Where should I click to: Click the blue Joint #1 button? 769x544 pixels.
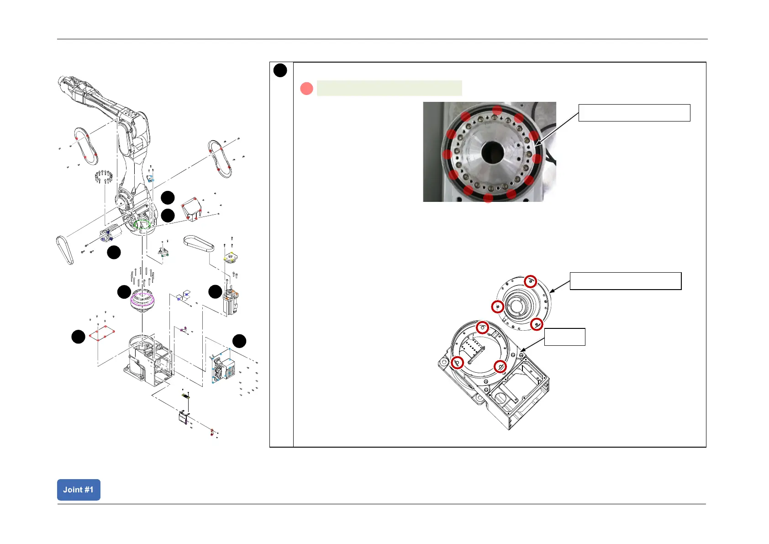click(x=79, y=490)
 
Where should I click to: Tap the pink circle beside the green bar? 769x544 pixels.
click(x=306, y=88)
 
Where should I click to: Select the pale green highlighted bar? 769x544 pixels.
click(x=389, y=88)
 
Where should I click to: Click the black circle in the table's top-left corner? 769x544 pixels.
click(x=280, y=71)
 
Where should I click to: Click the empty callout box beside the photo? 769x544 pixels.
click(x=634, y=112)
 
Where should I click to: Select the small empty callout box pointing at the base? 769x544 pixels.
click(x=564, y=337)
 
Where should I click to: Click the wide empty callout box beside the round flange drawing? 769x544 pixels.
click(x=625, y=281)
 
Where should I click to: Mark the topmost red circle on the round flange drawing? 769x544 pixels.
click(x=530, y=281)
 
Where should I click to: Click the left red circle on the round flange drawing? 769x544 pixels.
click(x=497, y=306)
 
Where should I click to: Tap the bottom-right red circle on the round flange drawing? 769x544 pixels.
click(x=537, y=324)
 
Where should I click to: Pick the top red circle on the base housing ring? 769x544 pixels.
click(x=482, y=328)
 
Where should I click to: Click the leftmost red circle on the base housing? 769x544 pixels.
click(x=457, y=363)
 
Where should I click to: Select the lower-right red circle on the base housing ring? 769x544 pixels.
click(x=500, y=366)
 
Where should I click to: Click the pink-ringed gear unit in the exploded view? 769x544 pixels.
click(x=142, y=301)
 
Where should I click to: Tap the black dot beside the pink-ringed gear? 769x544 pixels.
click(x=124, y=292)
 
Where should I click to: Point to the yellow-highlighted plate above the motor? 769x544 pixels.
click(x=231, y=258)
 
